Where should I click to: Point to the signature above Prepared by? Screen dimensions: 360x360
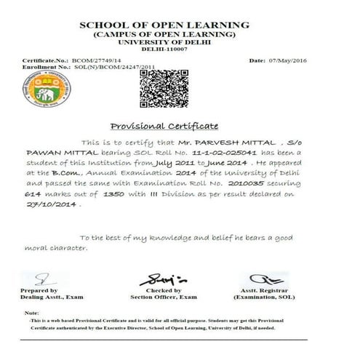[x=44, y=279]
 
